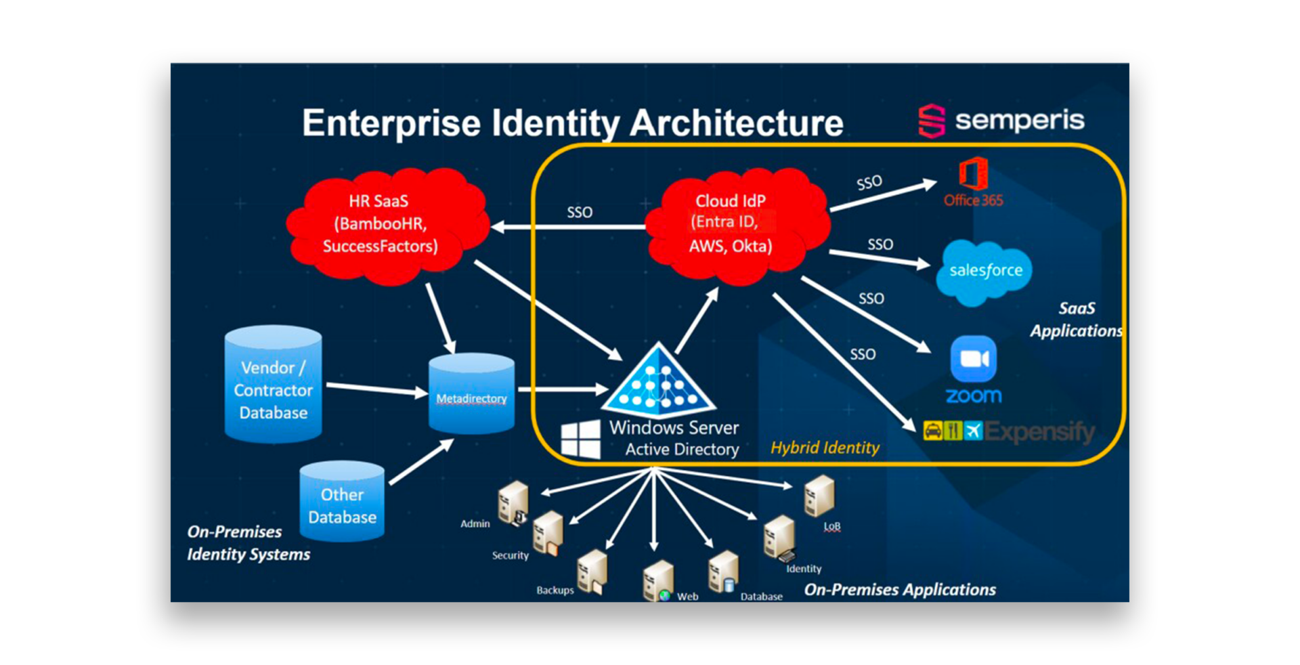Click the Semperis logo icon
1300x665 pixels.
pos(931,121)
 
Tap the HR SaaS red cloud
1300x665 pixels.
pos(386,224)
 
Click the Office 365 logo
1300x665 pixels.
pos(973,175)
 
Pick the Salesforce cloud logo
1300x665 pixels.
pos(985,270)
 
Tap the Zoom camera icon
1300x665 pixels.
pos(973,359)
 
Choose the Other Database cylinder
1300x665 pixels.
pos(342,502)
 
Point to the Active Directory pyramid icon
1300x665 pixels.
pos(658,382)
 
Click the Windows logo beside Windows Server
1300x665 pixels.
pos(580,439)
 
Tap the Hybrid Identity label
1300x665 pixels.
pos(825,448)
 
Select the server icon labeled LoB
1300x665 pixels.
pos(819,496)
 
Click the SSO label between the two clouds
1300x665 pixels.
pos(580,213)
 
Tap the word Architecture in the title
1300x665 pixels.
pos(737,123)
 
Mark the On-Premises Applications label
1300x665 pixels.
pos(900,590)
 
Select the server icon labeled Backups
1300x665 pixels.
pos(592,571)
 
